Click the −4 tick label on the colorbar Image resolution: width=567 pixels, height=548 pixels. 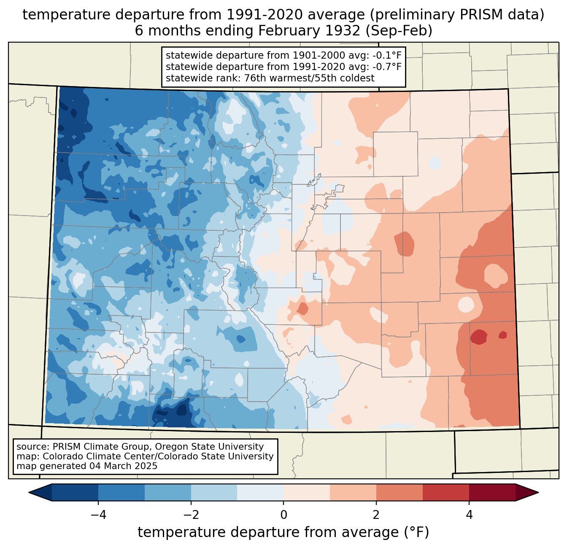pyautogui.click(x=98, y=515)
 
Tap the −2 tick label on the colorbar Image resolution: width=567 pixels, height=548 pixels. pyautogui.click(x=191, y=515)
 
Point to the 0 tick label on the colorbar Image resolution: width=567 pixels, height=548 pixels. pyautogui.click(x=283, y=515)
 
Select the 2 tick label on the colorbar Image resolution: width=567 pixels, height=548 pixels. pyautogui.click(x=376, y=515)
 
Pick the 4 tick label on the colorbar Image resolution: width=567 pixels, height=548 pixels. pyautogui.click(x=469, y=515)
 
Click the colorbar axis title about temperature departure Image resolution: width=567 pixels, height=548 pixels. pyautogui.click(x=283, y=532)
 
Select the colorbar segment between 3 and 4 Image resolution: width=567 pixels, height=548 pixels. pyautogui.click(x=446, y=492)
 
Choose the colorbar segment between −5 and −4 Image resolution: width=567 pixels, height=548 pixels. pyautogui.click(x=75, y=492)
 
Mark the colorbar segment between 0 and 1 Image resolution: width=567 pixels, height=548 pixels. pyautogui.click(x=307, y=492)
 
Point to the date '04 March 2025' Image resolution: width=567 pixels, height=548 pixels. pyautogui.click(x=123, y=466)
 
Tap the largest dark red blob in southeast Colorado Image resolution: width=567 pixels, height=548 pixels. pyautogui.click(x=479, y=337)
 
